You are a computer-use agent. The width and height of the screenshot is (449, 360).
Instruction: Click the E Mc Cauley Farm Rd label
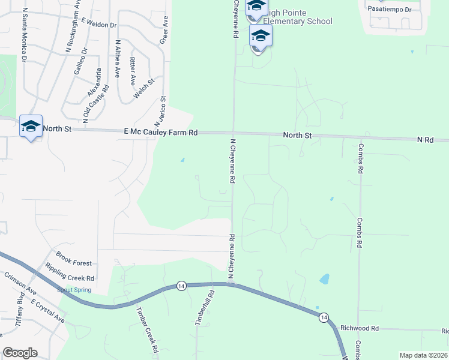[x=160, y=132]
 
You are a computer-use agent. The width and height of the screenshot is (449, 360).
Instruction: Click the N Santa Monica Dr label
[x=25, y=35]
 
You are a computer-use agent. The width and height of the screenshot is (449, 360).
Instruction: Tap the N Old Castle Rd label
[x=95, y=104]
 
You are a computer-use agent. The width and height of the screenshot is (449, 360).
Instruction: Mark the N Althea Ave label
[x=118, y=59]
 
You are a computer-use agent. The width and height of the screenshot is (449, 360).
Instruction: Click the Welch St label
[x=145, y=89]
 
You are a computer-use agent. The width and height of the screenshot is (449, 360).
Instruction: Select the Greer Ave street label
[x=163, y=30]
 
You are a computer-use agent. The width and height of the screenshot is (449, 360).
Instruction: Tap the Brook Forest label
[x=74, y=263]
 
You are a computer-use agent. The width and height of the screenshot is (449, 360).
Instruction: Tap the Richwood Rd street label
[x=360, y=328]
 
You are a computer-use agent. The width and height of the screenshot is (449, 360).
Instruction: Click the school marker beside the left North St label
[x=31, y=127]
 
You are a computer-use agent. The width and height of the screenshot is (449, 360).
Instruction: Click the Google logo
[x=20, y=352]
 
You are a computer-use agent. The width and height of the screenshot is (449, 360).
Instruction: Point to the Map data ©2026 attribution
[x=424, y=355]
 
